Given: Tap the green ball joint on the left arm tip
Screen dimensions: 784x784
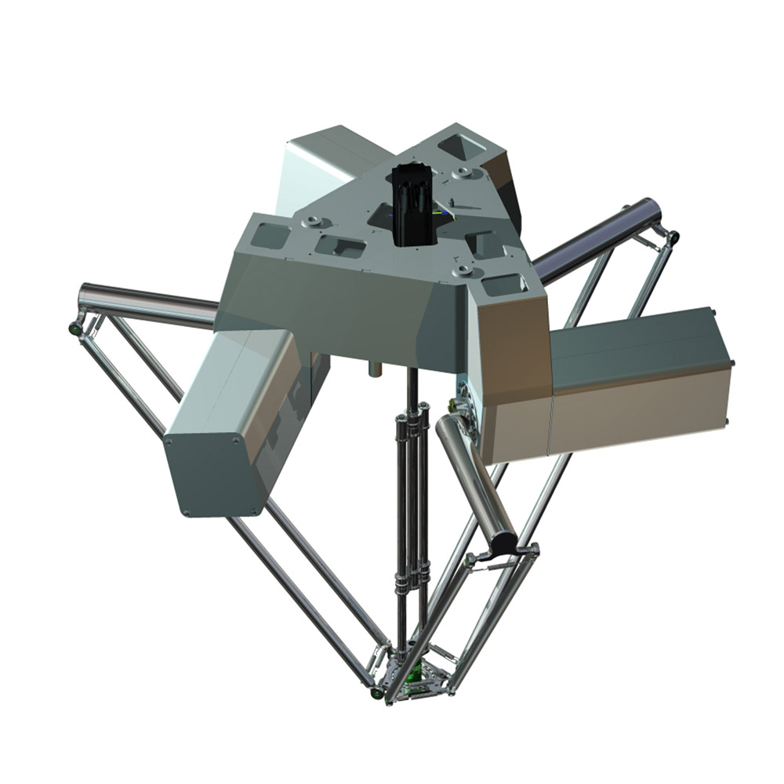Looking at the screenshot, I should point(74,327).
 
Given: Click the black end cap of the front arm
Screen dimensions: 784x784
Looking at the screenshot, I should point(503,540).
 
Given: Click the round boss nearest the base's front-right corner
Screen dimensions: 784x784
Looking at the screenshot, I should point(463,270).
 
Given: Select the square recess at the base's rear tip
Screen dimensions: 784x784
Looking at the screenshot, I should point(458,146).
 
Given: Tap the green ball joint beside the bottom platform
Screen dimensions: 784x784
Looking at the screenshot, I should point(376,694).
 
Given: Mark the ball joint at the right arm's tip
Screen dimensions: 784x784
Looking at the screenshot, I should point(673,235).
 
